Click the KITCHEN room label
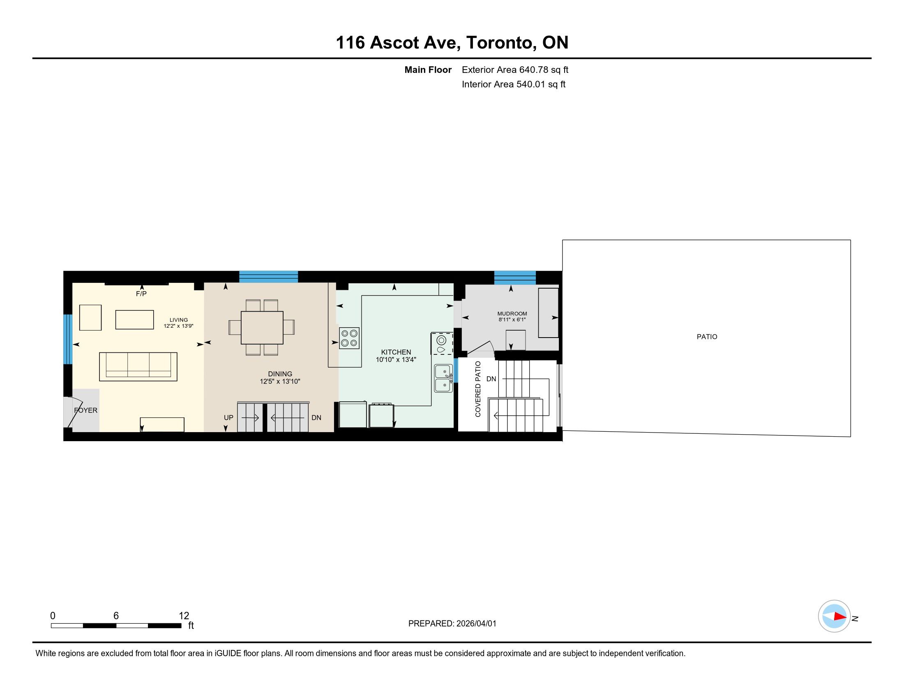[x=396, y=352]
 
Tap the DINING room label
[x=280, y=374]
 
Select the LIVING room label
[x=179, y=320]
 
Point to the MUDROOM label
[x=512, y=314]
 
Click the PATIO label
[x=707, y=337]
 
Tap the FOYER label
[x=86, y=410]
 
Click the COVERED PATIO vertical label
[x=478, y=389]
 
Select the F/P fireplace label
[x=141, y=294]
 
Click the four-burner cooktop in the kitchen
[x=349, y=338]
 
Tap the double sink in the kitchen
[x=443, y=378]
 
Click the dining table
[x=262, y=328]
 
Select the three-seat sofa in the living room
[x=138, y=366]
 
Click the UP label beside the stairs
[x=228, y=418]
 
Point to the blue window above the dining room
[x=269, y=277]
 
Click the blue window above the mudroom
[x=515, y=278]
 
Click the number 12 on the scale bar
[x=184, y=616]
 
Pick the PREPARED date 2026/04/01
[x=476, y=624]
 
